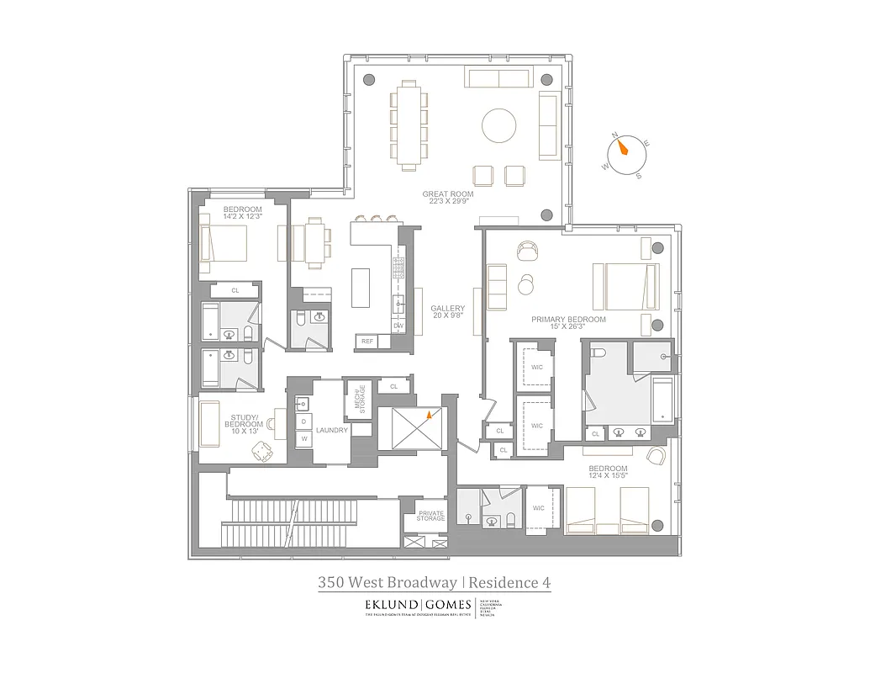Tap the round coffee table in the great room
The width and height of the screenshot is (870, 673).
pos(499,127)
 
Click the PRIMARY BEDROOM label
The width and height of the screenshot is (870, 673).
pos(568,320)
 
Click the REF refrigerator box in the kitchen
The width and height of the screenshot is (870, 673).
pos(367,342)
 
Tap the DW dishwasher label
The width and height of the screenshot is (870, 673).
pos(398,326)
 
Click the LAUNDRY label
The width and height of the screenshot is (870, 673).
pos(332,430)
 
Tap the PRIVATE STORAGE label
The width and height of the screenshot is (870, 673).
pos(430,516)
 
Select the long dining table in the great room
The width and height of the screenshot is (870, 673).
pos(409,125)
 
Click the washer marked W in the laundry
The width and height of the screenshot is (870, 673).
pos(303,438)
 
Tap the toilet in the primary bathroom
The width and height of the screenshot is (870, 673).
pos(598,355)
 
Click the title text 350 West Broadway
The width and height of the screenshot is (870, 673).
pos(387,581)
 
